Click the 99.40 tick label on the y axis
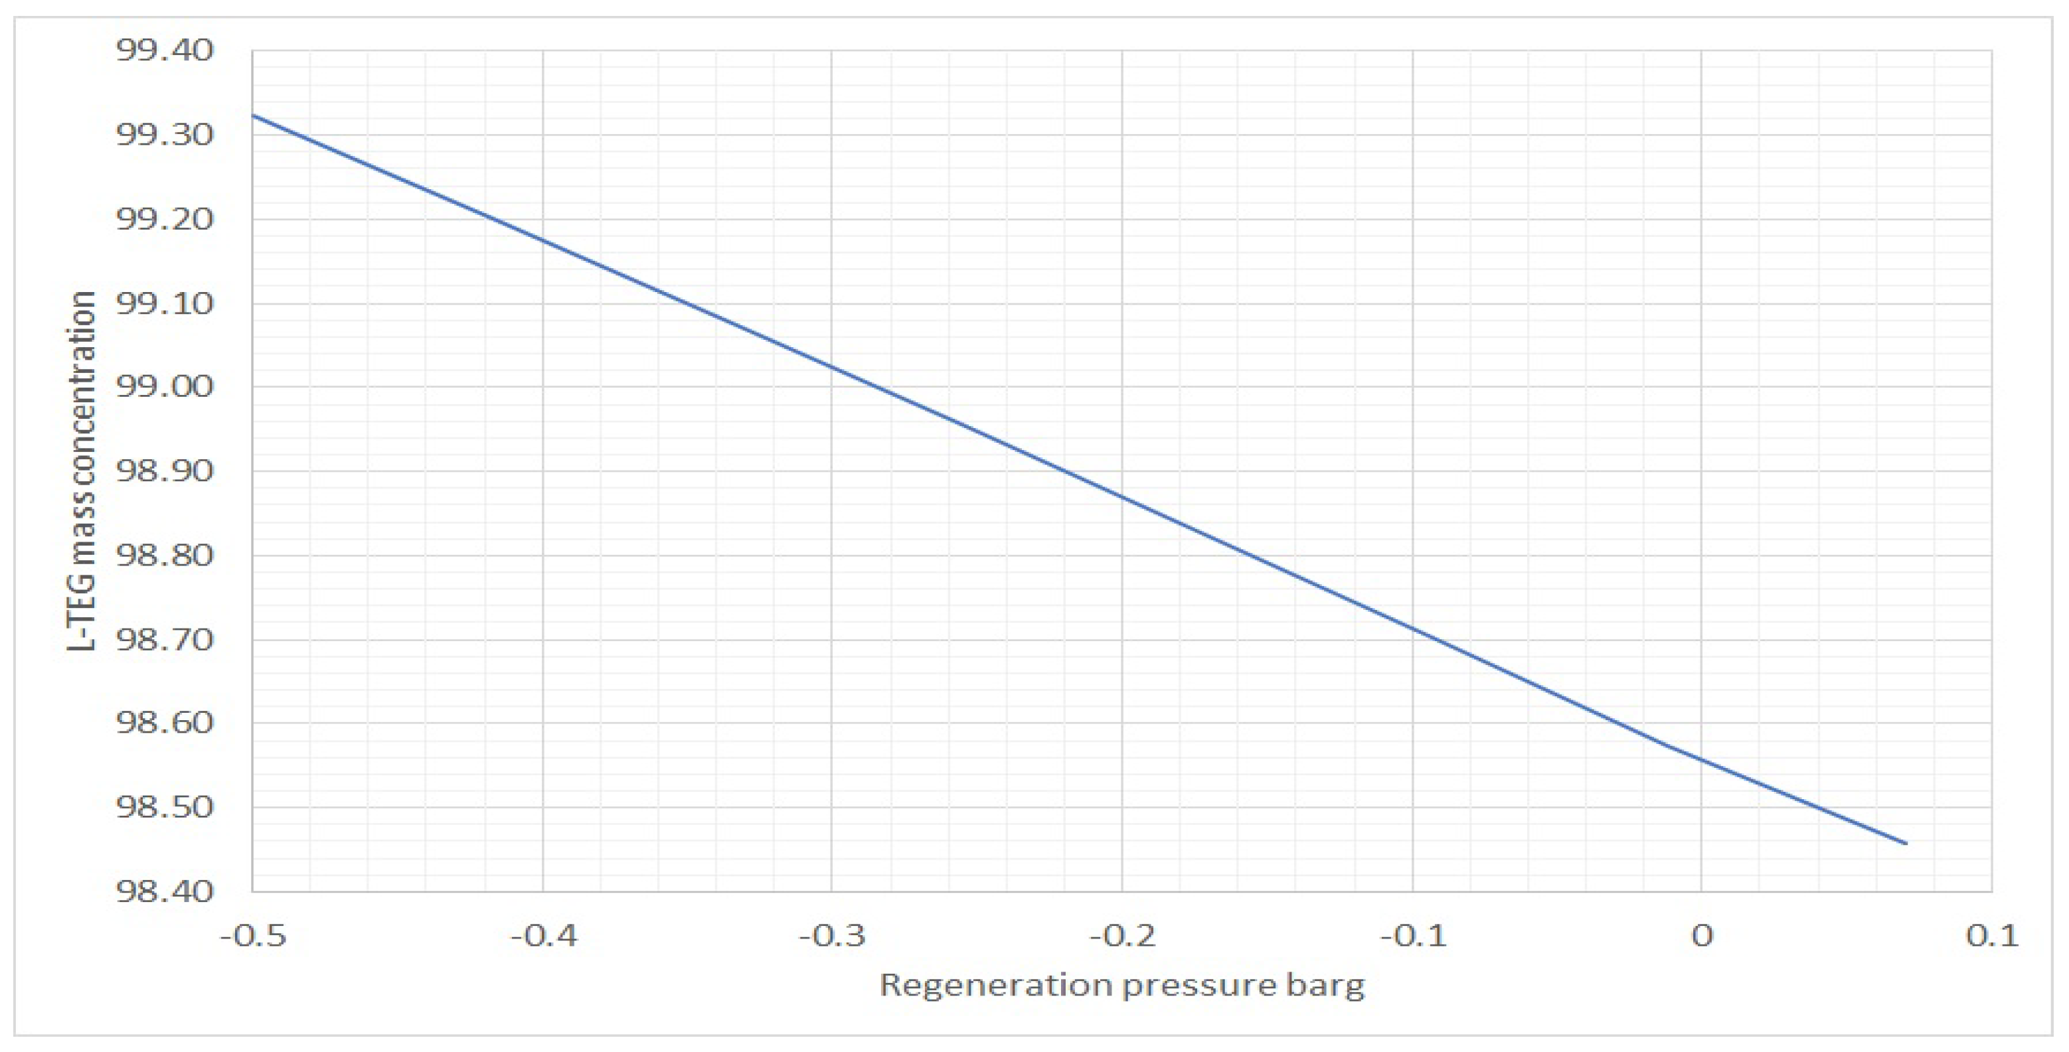coord(165,50)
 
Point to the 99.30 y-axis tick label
coord(165,134)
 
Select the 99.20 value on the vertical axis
coord(165,218)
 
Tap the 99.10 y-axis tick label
coord(165,303)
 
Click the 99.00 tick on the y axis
coord(165,386)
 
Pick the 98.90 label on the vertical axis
coord(165,471)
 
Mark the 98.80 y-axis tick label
coord(165,555)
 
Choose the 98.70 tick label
coord(165,640)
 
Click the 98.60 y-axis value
coord(165,723)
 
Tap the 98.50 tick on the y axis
coord(165,807)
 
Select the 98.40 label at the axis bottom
coord(165,891)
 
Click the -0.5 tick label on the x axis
coord(253,937)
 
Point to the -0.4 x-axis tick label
coord(544,937)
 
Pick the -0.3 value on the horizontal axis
coord(832,937)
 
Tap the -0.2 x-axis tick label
coord(1123,937)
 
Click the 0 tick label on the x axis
coord(1702,937)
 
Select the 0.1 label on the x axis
coord(1993,937)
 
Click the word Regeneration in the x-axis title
coord(993,986)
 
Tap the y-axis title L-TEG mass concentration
coord(82,471)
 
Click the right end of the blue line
coord(1906,843)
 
